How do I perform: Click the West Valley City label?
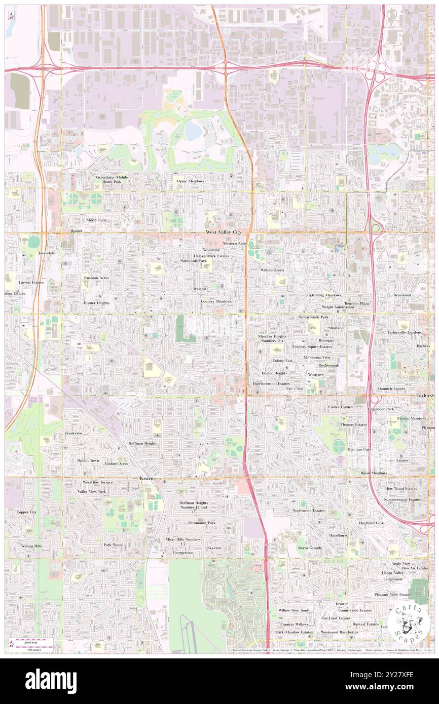(x=223, y=231)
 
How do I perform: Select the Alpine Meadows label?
(x=190, y=181)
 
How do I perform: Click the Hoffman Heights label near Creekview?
(x=142, y=443)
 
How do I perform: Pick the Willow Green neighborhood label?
(x=272, y=270)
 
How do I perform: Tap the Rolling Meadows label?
(x=326, y=295)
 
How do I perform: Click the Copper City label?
(x=26, y=512)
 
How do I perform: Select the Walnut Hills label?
(x=31, y=546)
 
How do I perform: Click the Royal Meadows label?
(x=373, y=473)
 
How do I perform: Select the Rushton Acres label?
(x=96, y=278)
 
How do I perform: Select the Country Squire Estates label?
(x=313, y=347)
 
